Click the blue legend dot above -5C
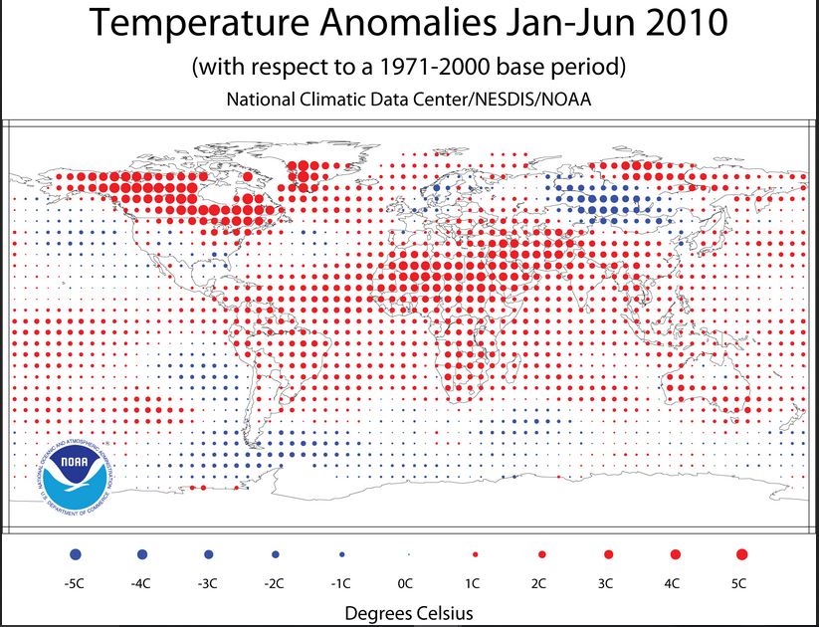coord(76,552)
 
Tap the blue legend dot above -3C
coord(208,552)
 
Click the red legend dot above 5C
coord(740,552)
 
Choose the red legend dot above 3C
coord(607,552)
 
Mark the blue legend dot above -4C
coord(142,552)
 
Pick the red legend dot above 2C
coord(540,552)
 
